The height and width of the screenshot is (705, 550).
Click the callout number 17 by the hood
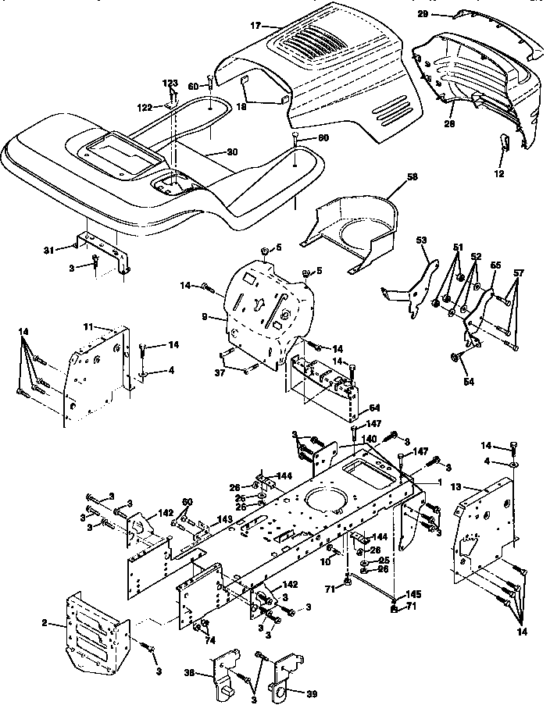(x=255, y=26)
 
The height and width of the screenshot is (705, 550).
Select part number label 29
(x=444, y=14)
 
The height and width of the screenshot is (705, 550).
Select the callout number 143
(x=224, y=518)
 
